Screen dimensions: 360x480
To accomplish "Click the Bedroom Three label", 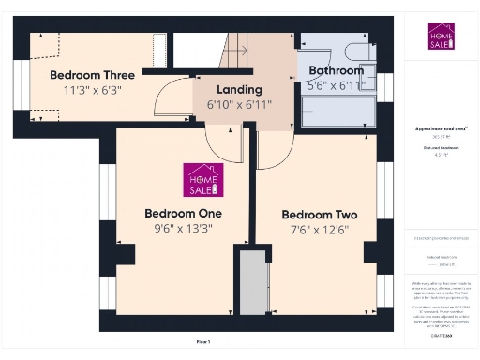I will pos(93,74).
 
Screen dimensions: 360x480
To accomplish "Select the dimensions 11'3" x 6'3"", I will pos(93,90).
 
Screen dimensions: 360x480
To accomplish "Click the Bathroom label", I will pos(336,70).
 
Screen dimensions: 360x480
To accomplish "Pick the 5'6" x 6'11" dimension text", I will pos(336,85).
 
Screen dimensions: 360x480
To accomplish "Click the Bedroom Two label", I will pos(320,214).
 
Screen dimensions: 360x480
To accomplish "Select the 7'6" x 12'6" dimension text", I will pos(320,230).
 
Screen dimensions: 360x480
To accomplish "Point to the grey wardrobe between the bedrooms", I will pos(250,282).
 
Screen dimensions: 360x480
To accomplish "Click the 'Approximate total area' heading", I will pos(441,128).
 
